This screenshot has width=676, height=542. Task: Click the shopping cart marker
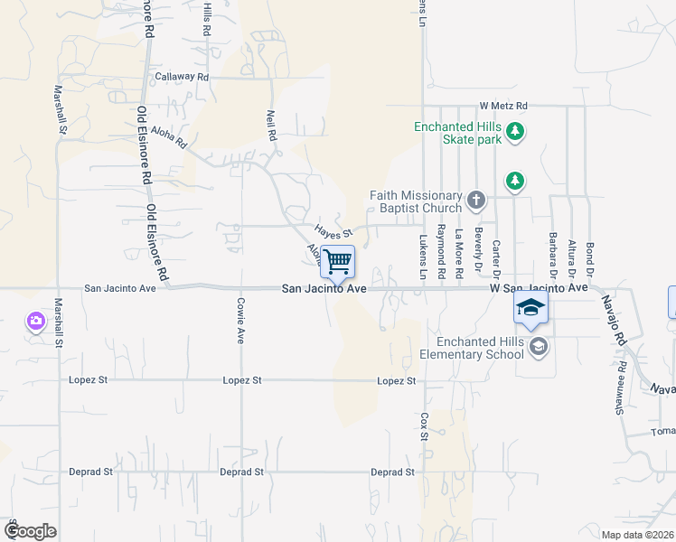pos(337,262)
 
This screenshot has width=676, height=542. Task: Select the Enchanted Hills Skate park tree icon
pos(515,133)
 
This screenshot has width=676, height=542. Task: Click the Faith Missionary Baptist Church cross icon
pos(476,199)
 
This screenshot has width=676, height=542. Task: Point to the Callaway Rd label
pos(181,78)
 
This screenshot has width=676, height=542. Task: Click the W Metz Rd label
pos(503,106)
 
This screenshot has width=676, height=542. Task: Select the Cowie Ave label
pos(241,321)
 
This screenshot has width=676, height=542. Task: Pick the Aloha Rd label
pos(168,136)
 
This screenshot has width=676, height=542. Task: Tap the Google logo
pos(30,531)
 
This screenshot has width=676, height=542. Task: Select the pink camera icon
pos(36,321)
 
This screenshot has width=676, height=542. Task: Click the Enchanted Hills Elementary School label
pos(479,348)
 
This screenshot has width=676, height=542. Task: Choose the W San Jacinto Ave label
pos(539,288)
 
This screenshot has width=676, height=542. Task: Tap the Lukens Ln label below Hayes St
pos(423,256)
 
